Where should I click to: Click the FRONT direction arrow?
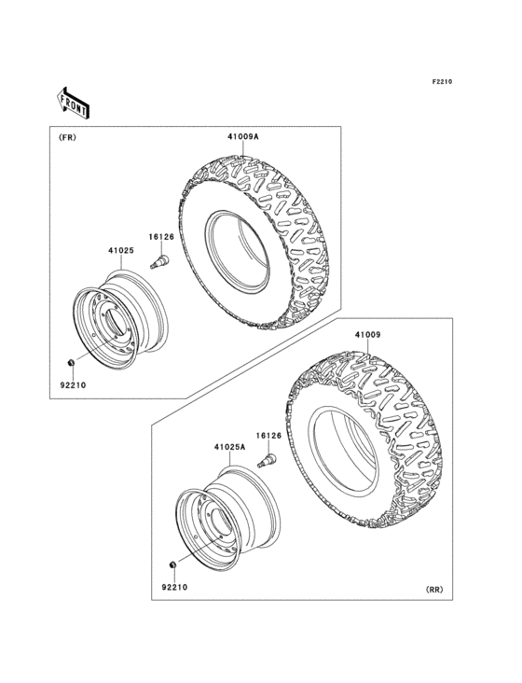pyautogui.click(x=74, y=102)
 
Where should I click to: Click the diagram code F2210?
pyautogui.click(x=441, y=84)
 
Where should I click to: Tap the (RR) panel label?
pyautogui.click(x=434, y=590)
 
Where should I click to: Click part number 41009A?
pyautogui.click(x=242, y=137)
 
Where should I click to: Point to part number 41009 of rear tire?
pyautogui.click(x=368, y=334)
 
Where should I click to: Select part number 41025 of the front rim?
pyautogui.click(x=120, y=250)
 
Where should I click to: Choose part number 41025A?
pyautogui.click(x=229, y=448)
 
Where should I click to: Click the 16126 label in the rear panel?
pyautogui.click(x=268, y=436)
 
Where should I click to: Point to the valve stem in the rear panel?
pyautogui.click(x=267, y=460)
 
